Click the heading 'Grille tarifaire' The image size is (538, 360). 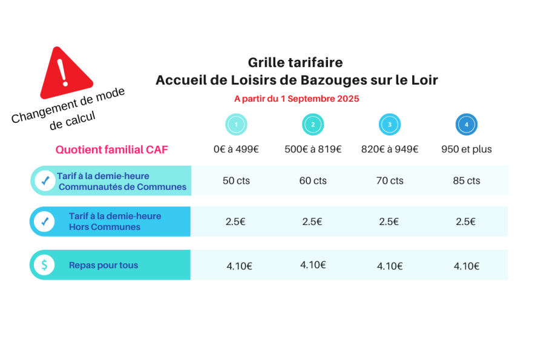(295, 62)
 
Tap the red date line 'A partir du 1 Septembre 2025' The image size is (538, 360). (297, 99)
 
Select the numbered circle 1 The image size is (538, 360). (236, 125)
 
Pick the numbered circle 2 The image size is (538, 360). (313, 125)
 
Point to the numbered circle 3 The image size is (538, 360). (390, 125)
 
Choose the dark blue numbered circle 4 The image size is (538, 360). (466, 125)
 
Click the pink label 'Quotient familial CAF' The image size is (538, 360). (111, 149)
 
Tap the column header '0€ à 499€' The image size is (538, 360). (236, 149)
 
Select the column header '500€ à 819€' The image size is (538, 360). (313, 149)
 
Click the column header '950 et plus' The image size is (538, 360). (467, 149)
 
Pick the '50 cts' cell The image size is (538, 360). (236, 181)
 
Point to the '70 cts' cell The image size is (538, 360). (390, 181)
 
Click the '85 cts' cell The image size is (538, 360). (467, 181)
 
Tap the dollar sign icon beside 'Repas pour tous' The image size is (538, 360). (45, 265)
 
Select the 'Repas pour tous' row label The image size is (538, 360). (103, 265)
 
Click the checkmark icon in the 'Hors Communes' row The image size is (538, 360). (45, 221)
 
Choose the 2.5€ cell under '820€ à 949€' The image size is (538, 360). (389, 222)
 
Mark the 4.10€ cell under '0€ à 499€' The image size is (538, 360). (239, 266)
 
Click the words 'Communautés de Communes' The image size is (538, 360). (122, 187)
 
